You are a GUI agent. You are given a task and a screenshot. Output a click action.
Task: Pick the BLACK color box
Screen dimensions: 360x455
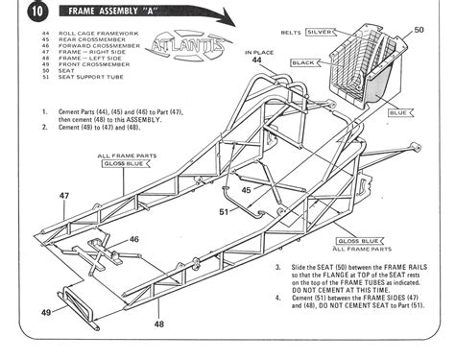click(x=303, y=62)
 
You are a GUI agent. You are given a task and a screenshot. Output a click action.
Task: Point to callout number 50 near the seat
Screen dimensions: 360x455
click(x=419, y=31)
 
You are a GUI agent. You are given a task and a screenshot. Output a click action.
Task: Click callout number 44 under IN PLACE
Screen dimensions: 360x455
click(x=256, y=60)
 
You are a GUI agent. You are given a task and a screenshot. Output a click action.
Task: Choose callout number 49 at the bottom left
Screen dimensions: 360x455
click(x=45, y=311)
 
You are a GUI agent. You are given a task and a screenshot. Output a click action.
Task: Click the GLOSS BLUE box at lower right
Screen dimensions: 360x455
click(x=358, y=240)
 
